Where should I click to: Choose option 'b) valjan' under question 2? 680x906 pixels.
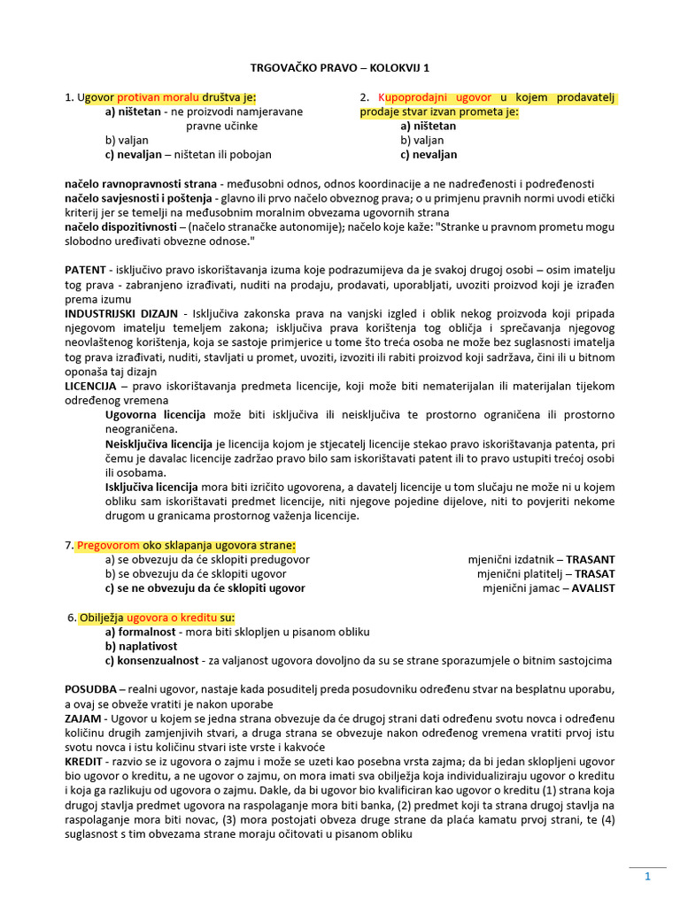[x=421, y=140]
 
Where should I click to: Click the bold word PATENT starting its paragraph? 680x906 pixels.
[x=85, y=269]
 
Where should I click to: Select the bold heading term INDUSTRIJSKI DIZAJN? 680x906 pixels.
[x=121, y=314]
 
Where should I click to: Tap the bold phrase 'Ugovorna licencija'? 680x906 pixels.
[x=155, y=414]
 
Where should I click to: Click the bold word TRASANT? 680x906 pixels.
[x=591, y=559]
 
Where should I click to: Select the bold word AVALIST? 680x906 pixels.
[x=592, y=587]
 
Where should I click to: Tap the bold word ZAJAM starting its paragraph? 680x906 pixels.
[x=83, y=718]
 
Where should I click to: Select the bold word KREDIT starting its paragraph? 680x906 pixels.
[x=84, y=761]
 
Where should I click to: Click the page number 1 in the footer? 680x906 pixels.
[x=647, y=877]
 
